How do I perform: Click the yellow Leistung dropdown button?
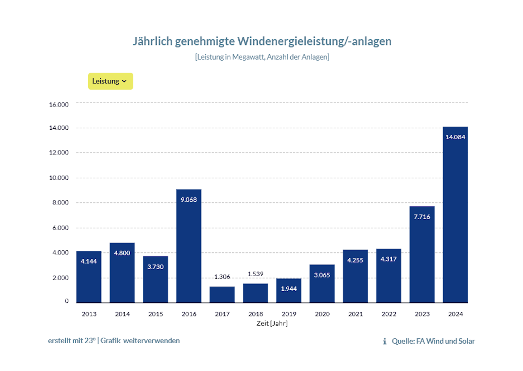111,81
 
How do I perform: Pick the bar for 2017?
222,295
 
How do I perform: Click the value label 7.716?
422,217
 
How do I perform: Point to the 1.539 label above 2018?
255,274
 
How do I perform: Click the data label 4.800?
122,253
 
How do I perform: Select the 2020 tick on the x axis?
322,314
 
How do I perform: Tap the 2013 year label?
89,314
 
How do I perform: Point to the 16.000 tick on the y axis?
59,104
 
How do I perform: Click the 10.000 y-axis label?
59,178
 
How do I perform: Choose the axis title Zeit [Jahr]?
272,324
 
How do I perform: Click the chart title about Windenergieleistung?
262,41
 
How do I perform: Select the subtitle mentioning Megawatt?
262,57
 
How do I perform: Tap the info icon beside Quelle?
385,341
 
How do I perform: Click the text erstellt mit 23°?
72,341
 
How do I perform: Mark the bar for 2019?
289,291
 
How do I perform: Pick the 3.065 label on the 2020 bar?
322,275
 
